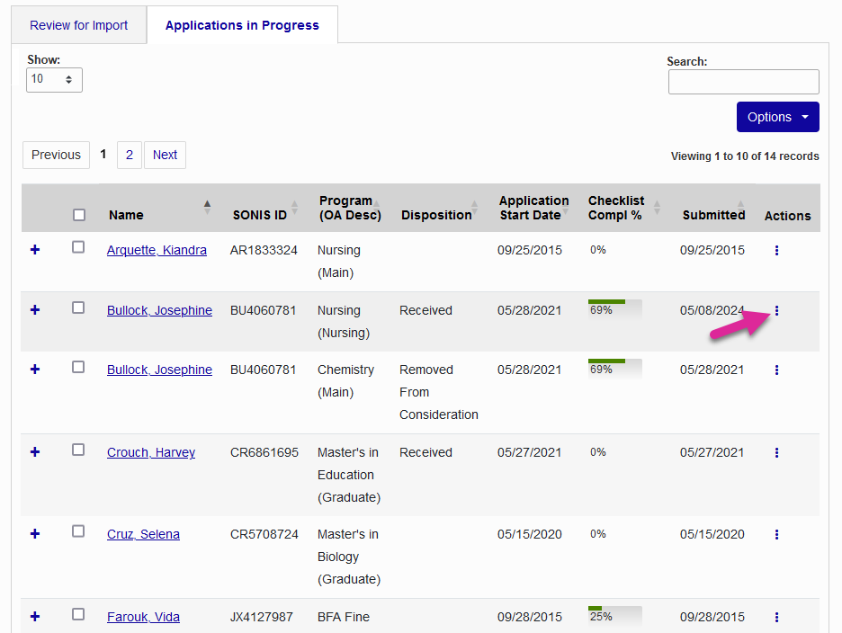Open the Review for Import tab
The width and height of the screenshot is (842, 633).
coord(79,25)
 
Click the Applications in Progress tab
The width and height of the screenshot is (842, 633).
coord(242,25)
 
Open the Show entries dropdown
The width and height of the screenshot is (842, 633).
coord(54,79)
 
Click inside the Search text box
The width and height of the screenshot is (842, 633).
coord(743,82)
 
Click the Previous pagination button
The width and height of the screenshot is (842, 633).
coord(56,155)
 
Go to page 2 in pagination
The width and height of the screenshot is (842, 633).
coord(130,155)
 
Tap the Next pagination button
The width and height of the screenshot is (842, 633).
coord(165,155)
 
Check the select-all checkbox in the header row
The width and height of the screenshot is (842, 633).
coord(79,215)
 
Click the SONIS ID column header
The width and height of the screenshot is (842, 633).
coord(259,215)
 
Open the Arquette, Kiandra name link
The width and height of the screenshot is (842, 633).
coord(157,250)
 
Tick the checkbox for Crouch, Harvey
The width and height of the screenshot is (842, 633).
coord(78,450)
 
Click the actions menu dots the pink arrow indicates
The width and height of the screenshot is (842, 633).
coord(776,311)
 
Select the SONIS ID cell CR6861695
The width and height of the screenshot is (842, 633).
coord(264,452)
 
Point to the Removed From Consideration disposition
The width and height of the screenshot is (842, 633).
coord(438,392)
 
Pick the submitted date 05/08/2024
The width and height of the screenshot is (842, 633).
coord(712,310)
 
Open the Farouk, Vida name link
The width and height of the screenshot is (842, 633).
coord(143,617)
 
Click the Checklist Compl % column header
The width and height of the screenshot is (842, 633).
coord(616,208)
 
